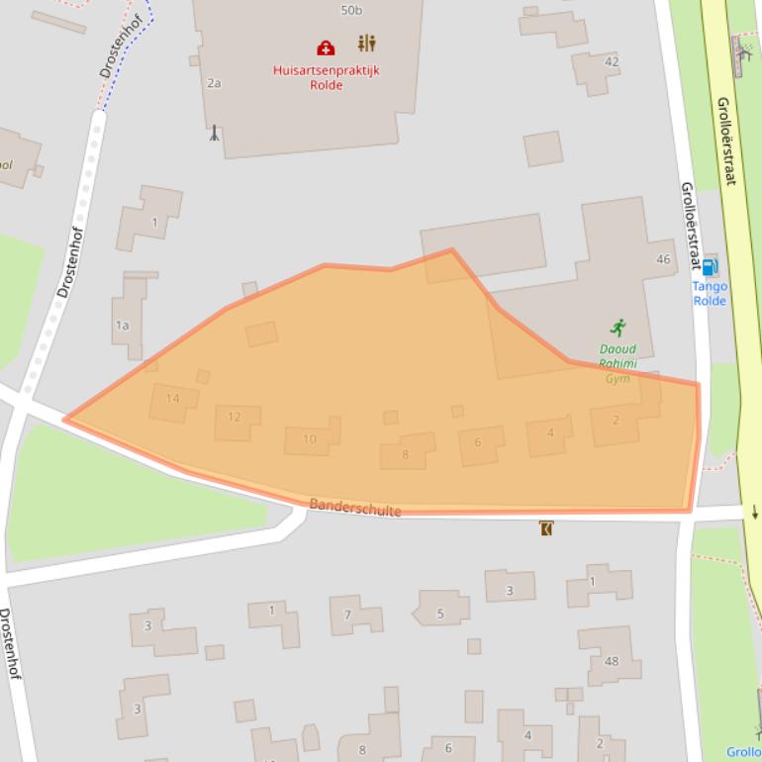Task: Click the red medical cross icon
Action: pos(326,48)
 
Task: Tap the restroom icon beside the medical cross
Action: pos(367,44)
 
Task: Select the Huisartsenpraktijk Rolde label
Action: pos(326,77)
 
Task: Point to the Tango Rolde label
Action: pos(710,293)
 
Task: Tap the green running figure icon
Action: pos(619,328)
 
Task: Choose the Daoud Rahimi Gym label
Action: pos(618,363)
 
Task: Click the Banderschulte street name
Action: pos(355,508)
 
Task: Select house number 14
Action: pos(172,399)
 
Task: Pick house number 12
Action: pos(235,417)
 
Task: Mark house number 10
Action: pos(310,439)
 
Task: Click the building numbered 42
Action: pos(612,61)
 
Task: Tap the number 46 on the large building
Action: pos(663,259)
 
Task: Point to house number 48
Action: pos(611,661)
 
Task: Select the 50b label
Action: pos(351,10)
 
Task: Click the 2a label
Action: pos(214,83)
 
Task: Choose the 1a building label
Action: pos(122,325)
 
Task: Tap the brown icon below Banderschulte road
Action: pos(545,528)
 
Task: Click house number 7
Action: pos(347,615)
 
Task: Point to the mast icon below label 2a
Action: pos(214,132)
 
